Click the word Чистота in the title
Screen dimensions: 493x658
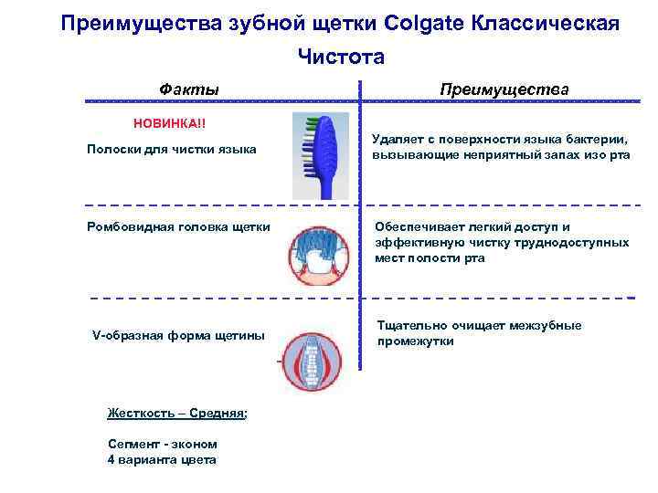pos(341,58)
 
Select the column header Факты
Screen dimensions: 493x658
pos(189,89)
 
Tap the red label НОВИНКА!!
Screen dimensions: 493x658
pos(170,123)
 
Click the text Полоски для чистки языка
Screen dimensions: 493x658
pos(171,149)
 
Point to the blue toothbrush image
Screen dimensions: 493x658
pos(320,155)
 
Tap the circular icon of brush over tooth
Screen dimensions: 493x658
pos(321,255)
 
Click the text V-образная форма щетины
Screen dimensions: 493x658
pos(178,335)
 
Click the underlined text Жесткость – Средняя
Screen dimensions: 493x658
pos(175,413)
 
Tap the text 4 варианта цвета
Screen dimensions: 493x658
pos(162,459)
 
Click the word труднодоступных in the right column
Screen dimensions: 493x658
pos(578,243)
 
